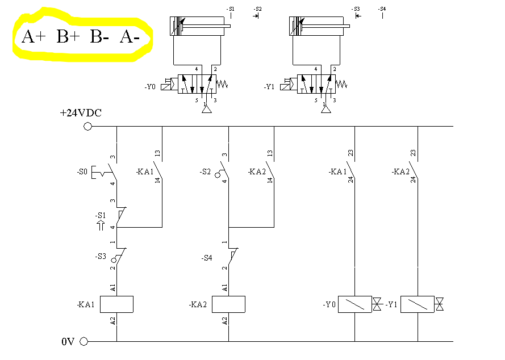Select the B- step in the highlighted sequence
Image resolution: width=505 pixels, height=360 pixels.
(99, 37)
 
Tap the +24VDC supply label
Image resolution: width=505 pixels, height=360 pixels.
(81, 113)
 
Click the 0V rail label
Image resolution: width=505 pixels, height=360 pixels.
(68, 342)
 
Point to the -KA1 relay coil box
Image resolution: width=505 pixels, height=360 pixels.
(116, 304)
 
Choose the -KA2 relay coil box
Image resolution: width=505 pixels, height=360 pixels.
(228, 304)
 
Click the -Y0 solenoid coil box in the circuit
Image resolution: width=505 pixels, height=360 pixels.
(354, 304)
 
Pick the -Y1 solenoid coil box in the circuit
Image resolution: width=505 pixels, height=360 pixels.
(418, 304)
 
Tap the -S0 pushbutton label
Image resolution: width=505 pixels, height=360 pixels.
(83, 171)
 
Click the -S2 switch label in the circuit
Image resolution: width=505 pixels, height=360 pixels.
(206, 171)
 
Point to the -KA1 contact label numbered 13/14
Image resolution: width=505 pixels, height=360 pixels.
(145, 171)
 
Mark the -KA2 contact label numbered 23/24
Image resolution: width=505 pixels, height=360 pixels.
(400, 171)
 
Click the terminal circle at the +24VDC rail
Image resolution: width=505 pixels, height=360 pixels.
(87, 126)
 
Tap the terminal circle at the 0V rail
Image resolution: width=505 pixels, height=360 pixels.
(85, 342)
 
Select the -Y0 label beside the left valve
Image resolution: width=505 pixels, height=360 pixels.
(149, 87)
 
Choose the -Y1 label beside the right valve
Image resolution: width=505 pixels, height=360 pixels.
(269, 87)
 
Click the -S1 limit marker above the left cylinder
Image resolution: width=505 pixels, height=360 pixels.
(230, 9)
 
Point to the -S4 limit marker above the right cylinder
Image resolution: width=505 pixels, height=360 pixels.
(382, 9)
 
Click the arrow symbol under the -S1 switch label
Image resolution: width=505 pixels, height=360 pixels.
(101, 225)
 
